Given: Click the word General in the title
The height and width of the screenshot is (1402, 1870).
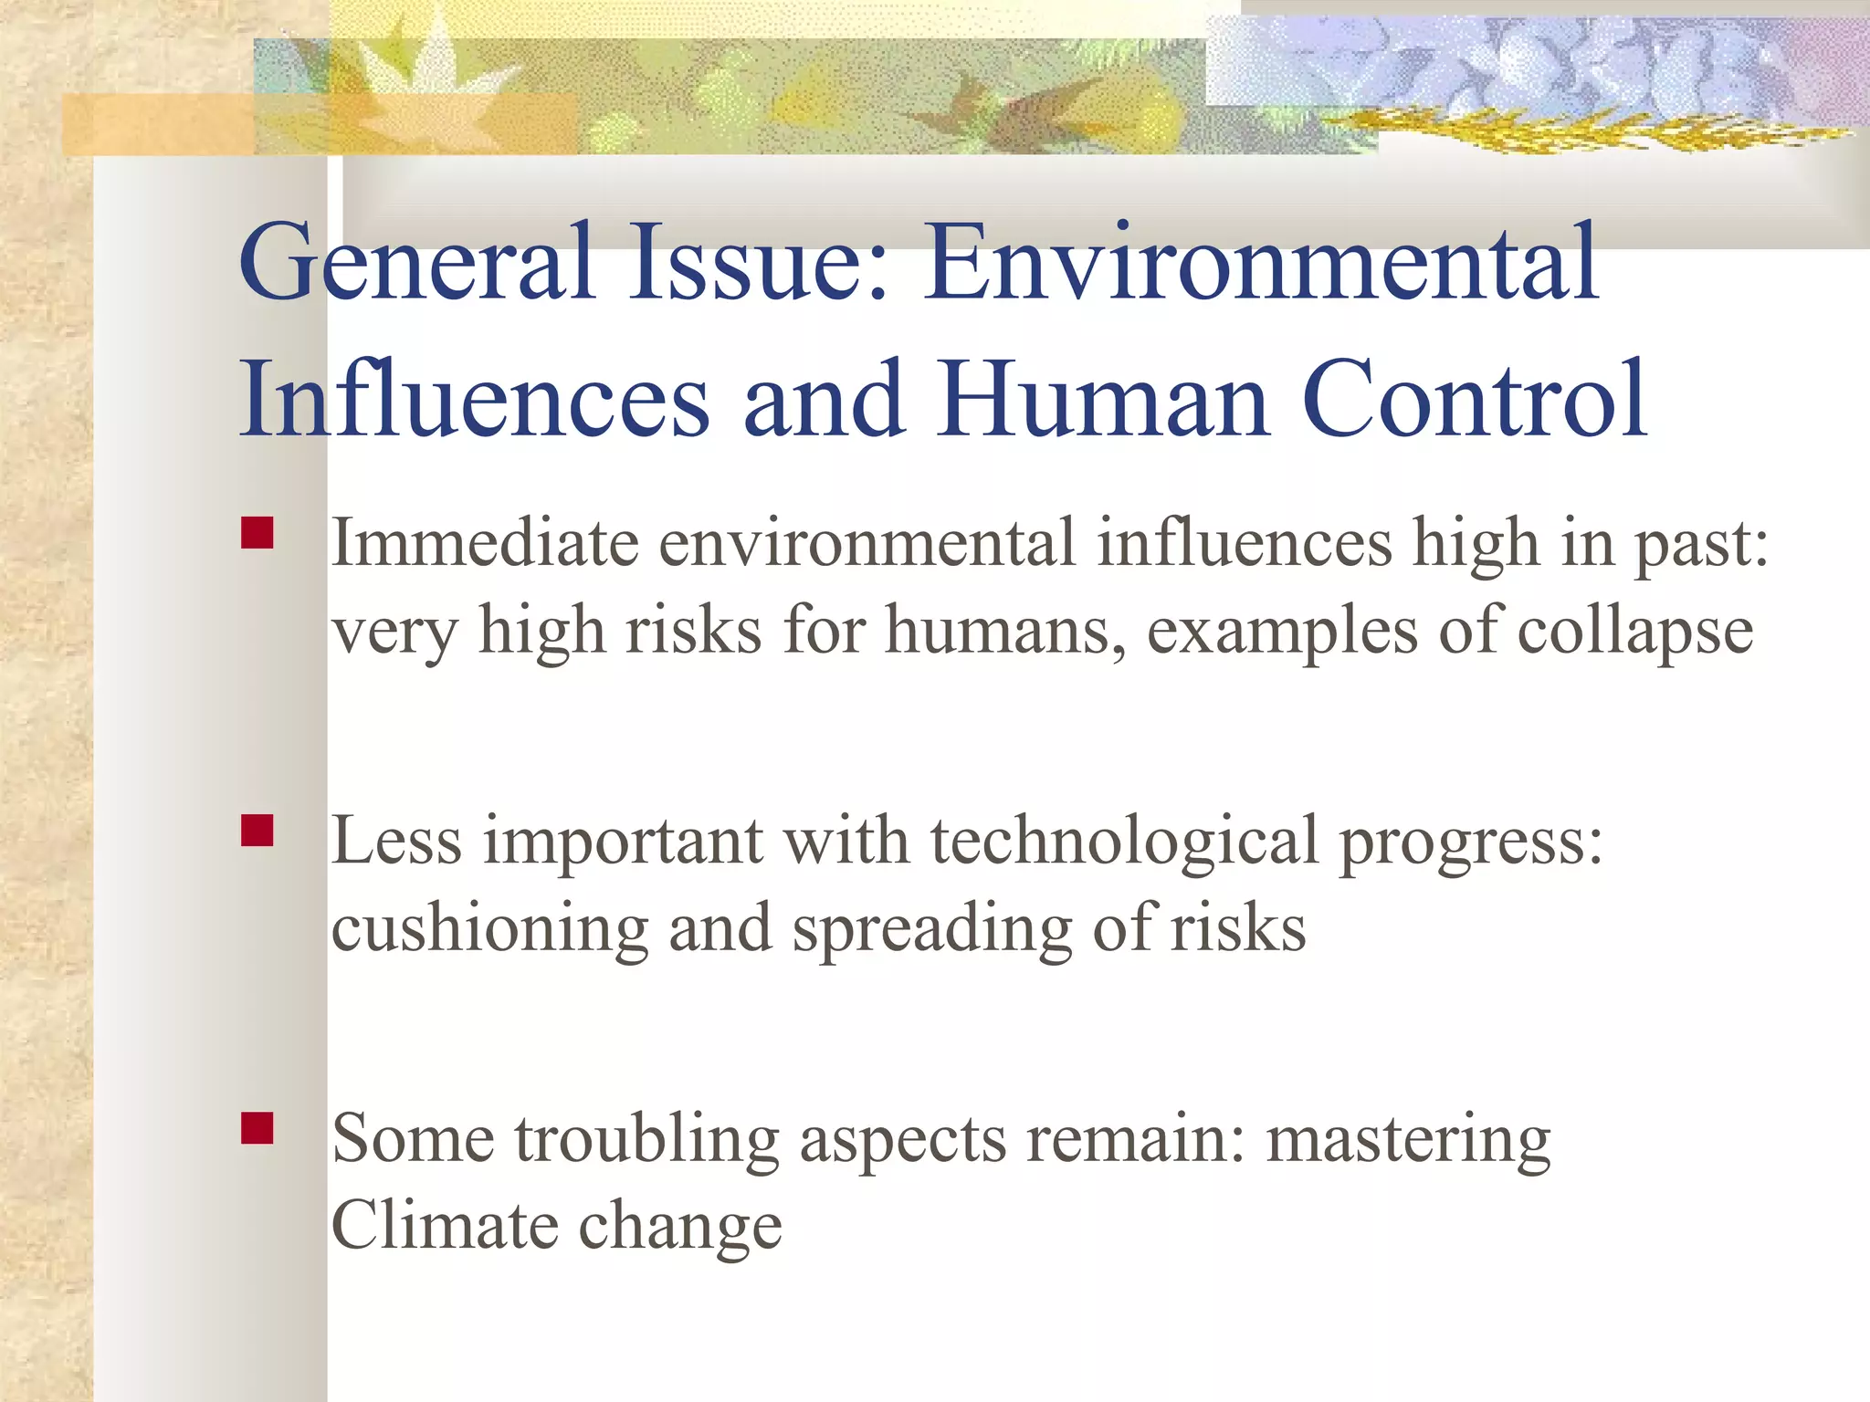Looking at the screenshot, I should [416, 265].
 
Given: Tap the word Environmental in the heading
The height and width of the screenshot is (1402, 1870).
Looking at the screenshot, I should [1260, 265].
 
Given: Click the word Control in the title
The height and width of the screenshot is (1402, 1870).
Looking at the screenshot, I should [1474, 400].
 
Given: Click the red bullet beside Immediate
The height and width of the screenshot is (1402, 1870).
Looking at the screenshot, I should [257, 533].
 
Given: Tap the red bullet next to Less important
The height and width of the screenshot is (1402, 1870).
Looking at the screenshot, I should [257, 831].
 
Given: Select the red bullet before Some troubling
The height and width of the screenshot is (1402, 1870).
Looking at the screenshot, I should [257, 1128].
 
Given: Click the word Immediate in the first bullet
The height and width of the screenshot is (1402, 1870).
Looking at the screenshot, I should [484, 544].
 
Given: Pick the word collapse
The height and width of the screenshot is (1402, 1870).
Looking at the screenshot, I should [1634, 632].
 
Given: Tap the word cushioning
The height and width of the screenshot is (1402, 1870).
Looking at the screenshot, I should [489, 929].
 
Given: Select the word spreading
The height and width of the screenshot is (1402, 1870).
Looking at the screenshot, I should [931, 929].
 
